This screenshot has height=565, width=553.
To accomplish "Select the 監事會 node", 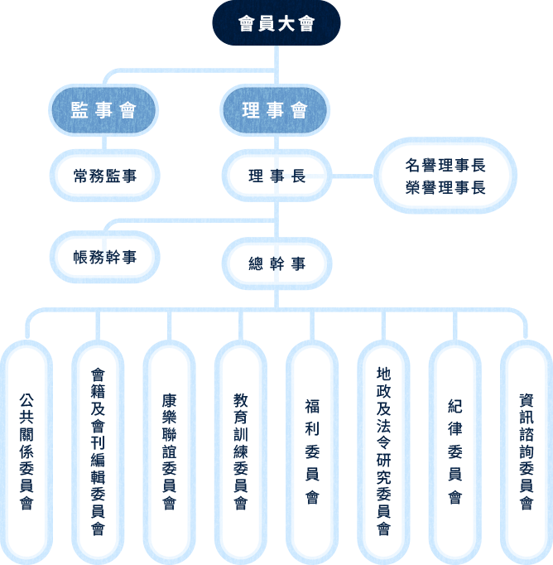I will (x=103, y=111).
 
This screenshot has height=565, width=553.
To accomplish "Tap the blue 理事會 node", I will (x=276, y=111).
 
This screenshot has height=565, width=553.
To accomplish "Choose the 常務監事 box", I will (x=104, y=176).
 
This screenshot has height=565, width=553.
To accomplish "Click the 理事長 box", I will (x=276, y=176).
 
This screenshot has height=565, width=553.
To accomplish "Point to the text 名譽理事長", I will (x=445, y=165).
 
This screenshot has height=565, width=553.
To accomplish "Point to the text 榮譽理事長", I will (x=445, y=187).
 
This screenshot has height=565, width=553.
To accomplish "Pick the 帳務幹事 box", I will (x=104, y=257).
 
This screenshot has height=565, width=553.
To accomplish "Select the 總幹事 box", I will (x=276, y=263).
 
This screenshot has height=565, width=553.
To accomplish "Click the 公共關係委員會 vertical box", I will (x=27, y=452).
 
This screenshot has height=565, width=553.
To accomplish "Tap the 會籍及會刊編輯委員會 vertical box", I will (x=99, y=452).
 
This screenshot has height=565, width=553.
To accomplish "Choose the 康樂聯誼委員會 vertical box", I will (x=170, y=452).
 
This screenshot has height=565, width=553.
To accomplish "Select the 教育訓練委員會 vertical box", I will (x=241, y=452).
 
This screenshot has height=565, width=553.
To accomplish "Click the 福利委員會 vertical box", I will (x=312, y=452).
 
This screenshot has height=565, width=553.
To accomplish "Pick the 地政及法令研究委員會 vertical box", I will (x=383, y=452).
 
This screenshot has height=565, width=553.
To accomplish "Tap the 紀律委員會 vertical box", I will (x=454, y=452).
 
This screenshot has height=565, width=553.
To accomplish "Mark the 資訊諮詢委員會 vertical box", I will (x=526, y=452).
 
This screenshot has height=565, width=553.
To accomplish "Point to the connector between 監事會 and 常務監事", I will (x=103, y=142).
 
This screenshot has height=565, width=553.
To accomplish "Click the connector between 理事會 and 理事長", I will (x=276, y=142).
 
